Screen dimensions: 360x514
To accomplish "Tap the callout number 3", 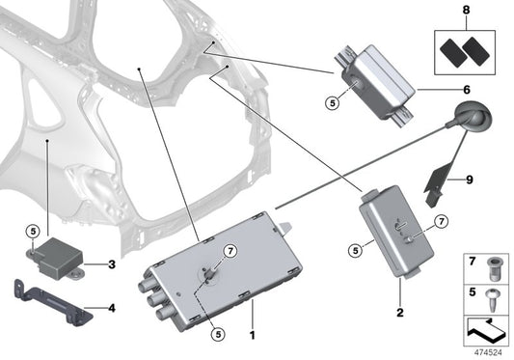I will click(x=112, y=263).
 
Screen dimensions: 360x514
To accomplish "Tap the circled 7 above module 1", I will click(x=230, y=251).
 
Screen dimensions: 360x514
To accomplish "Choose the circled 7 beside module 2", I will click(x=442, y=223).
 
